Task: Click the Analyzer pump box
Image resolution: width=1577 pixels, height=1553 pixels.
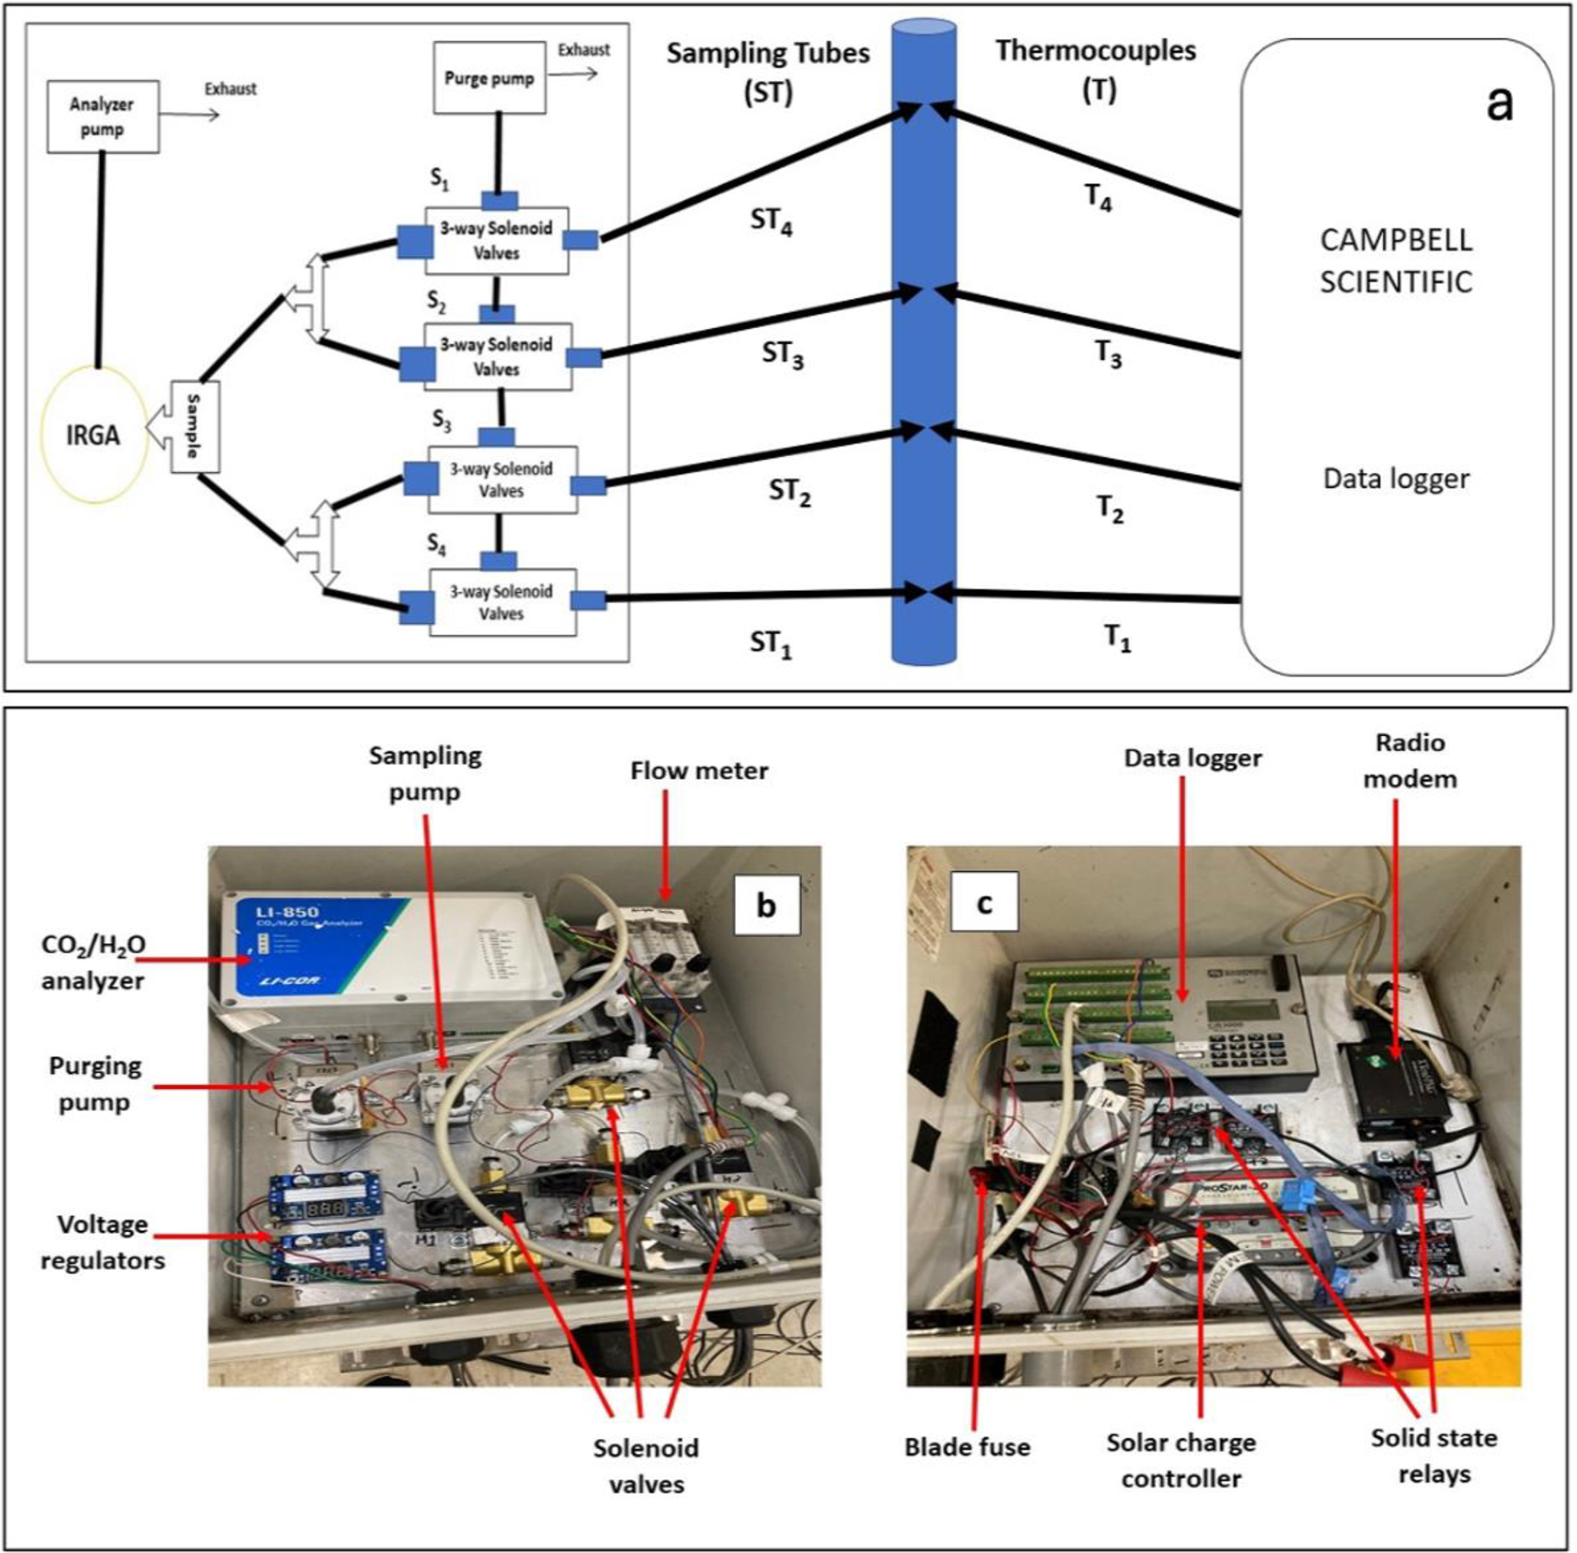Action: [102, 117]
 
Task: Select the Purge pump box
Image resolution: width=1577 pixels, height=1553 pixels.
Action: [489, 79]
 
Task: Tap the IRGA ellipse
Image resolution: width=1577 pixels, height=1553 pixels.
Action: [93, 435]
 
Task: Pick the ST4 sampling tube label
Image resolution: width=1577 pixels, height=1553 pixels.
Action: [771, 222]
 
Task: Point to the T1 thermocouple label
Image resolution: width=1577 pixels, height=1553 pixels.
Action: [1117, 637]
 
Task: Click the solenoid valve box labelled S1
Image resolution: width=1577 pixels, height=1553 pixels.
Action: [496, 240]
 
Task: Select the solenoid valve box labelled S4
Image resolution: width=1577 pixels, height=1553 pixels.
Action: [502, 603]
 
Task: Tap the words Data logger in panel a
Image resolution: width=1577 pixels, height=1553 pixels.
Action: [1396, 479]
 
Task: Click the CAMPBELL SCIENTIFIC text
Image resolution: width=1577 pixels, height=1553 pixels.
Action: [1396, 261]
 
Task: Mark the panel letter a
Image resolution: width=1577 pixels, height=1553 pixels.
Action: [1499, 104]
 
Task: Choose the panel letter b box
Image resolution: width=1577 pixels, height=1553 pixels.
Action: [764, 905]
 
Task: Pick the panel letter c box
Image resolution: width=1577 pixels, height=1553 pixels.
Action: [985, 902]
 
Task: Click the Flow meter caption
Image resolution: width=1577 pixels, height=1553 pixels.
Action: [698, 771]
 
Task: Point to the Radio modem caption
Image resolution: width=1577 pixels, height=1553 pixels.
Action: [1410, 761]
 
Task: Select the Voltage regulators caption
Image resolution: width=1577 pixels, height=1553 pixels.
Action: [103, 1243]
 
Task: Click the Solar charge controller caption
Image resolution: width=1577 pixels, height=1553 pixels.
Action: [1180, 1460]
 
